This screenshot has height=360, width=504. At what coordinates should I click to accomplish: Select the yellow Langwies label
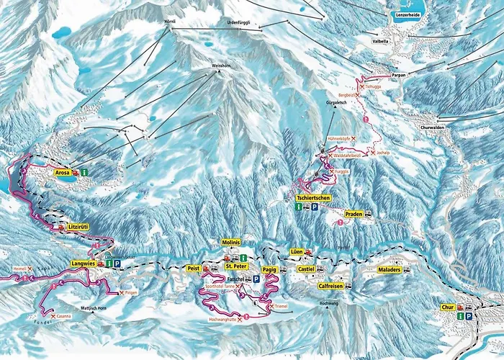pyautogui.click(x=82, y=264)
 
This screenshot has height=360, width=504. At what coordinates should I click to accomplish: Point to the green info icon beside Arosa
pyautogui.click(x=84, y=173)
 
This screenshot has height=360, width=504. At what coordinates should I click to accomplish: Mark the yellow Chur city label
pyautogui.click(x=447, y=307)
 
